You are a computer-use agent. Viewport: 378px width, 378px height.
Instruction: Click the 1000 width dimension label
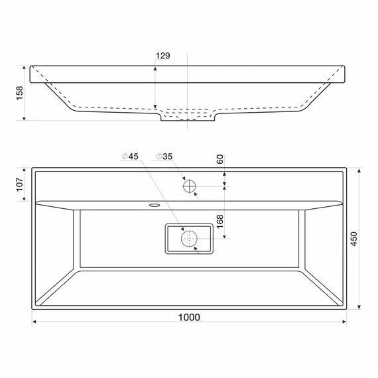189,317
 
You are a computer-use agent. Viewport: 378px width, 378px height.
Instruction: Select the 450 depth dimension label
353,239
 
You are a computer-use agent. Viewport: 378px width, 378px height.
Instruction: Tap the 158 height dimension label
19,93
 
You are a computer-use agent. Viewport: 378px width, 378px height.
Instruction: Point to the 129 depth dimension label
163,56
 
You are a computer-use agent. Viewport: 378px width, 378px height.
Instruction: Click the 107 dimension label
20,184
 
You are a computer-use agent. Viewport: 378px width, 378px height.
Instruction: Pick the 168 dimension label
220,221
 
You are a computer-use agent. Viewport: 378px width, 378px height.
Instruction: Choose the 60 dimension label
220,159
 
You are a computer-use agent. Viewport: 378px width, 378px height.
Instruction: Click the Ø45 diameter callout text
130,157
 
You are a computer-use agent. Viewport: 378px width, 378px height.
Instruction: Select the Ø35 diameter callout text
164,157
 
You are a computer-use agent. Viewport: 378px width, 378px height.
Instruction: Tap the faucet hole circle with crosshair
190,186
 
